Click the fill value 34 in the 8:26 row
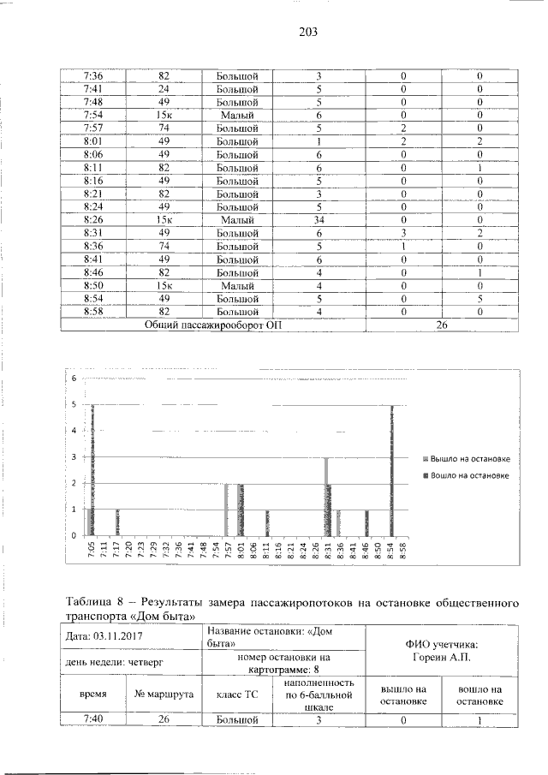point(318,219)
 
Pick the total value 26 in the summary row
point(442,325)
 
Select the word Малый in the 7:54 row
point(237,115)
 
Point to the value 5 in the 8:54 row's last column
point(479,299)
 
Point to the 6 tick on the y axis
point(74,378)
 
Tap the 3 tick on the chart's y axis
point(74,456)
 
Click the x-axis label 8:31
point(328,550)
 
